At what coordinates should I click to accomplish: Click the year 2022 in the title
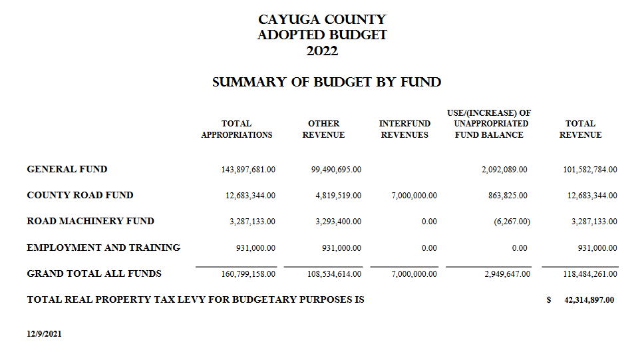322,51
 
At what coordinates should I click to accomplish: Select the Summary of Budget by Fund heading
327,83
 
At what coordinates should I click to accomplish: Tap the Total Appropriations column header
236,129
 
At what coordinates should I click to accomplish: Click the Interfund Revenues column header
404,129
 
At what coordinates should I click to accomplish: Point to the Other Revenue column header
323,129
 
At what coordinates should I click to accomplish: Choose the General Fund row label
67,169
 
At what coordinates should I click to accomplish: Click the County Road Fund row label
80,195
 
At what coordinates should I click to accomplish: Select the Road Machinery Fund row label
90,221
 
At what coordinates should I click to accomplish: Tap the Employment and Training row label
104,248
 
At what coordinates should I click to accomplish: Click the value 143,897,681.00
248,170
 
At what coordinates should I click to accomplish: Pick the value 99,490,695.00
336,170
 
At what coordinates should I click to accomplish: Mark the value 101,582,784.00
589,170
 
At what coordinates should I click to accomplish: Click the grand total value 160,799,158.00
248,273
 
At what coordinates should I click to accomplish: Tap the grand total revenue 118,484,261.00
589,273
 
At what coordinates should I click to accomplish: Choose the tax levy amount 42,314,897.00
589,300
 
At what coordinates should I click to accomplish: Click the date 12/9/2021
44,334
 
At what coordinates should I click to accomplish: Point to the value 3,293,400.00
338,222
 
